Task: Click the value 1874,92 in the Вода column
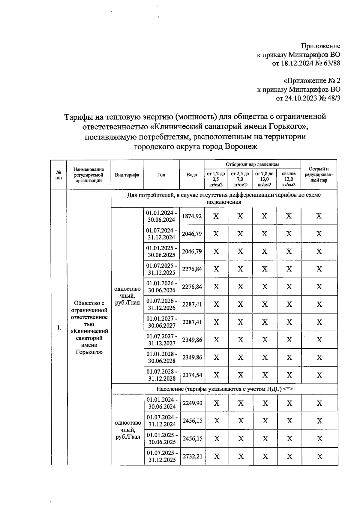pyautogui.click(x=192, y=216)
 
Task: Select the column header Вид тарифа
pyautogui.click(x=127, y=175)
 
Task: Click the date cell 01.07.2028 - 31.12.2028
pyautogui.click(x=162, y=375)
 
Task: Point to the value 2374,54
pyautogui.click(x=192, y=375)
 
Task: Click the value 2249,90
pyautogui.click(x=192, y=403)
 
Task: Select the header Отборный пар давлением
pyautogui.click(x=252, y=164)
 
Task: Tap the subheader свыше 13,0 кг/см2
pyautogui.click(x=289, y=179)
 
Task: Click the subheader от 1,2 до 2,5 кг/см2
pyautogui.click(x=216, y=179)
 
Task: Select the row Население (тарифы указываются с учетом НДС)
pyautogui.click(x=224, y=389)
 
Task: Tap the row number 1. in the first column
pyautogui.click(x=59, y=328)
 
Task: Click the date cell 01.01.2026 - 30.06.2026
pyautogui.click(x=161, y=286)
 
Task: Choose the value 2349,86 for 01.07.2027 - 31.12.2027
pyautogui.click(x=192, y=340)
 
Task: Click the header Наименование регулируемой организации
pyautogui.click(x=88, y=175)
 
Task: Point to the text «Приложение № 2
pyautogui.click(x=312, y=81)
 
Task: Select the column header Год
pyautogui.click(x=161, y=175)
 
